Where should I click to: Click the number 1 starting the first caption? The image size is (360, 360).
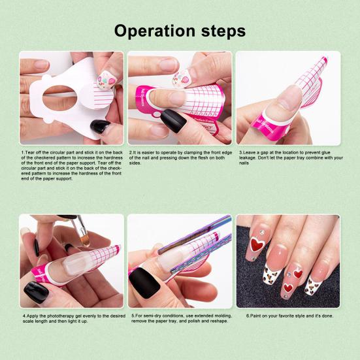[22, 153]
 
